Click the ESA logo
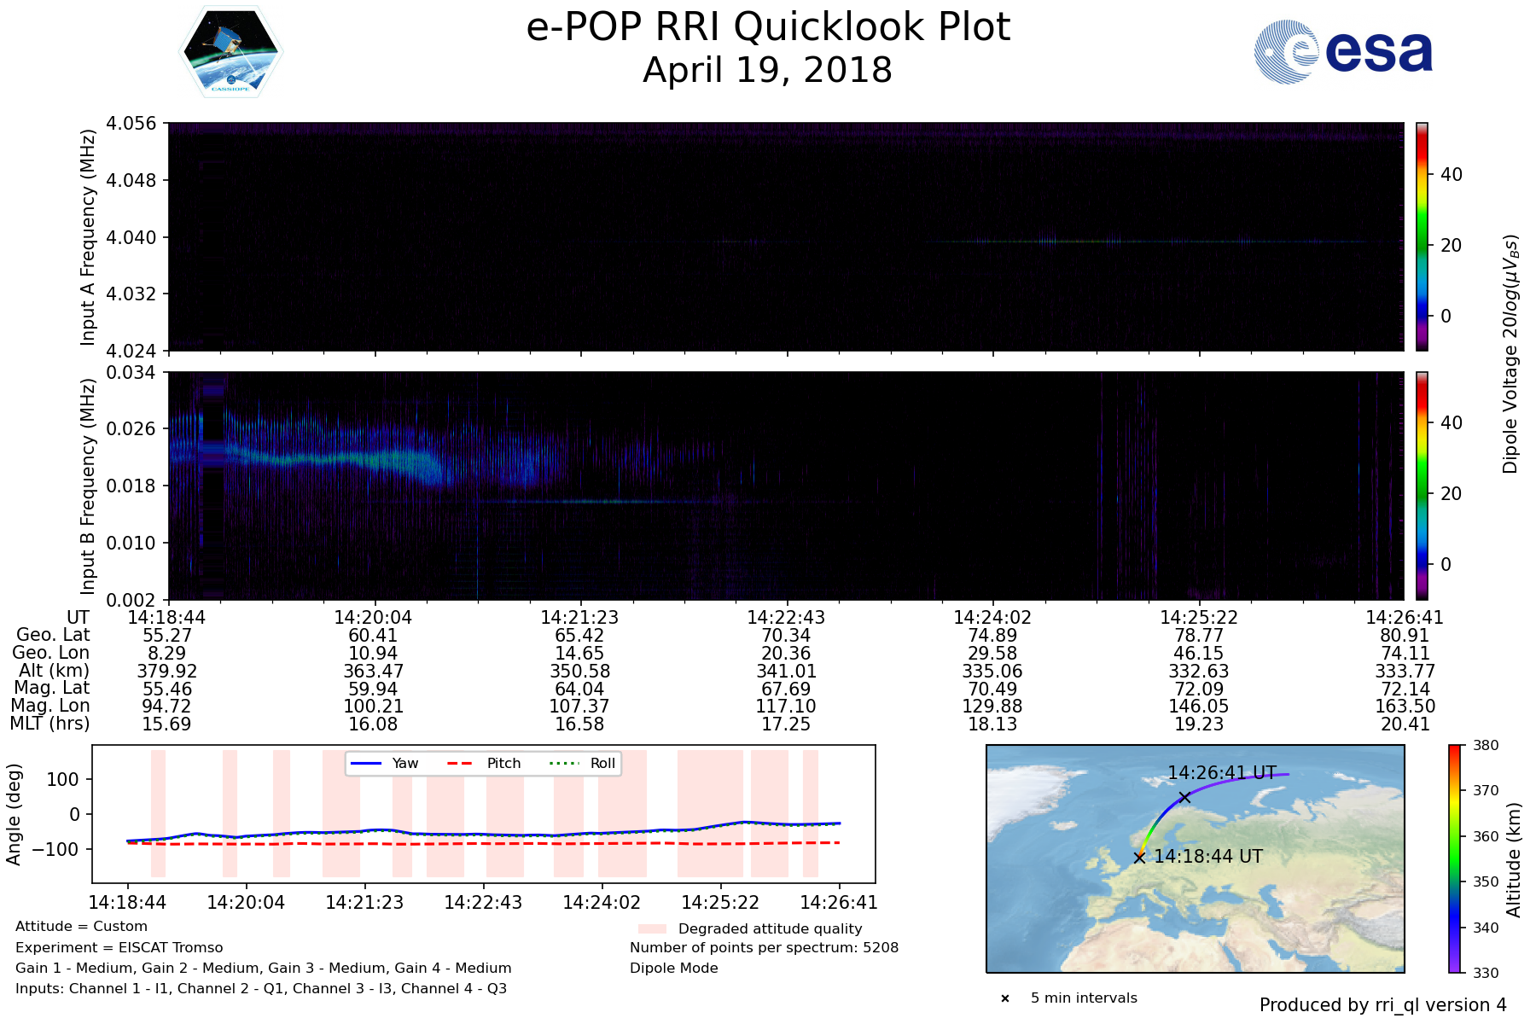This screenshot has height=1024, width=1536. click(1343, 52)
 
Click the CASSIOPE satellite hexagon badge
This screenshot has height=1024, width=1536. click(230, 51)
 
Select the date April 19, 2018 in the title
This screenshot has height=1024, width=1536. click(767, 71)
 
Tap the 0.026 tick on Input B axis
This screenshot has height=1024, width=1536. click(131, 428)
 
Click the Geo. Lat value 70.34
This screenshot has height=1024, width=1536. click(786, 636)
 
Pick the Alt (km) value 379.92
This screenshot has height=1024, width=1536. click(167, 672)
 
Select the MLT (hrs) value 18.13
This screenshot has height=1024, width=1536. click(992, 724)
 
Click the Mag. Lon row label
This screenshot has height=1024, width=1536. click(50, 706)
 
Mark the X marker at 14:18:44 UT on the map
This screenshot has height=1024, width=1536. click(1139, 858)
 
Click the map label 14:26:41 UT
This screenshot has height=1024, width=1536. click(1221, 773)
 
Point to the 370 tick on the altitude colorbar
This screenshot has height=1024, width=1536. click(1486, 791)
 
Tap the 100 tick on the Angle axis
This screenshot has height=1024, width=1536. click(63, 779)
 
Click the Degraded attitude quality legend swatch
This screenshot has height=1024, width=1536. click(652, 928)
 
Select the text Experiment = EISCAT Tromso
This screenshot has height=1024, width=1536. click(119, 948)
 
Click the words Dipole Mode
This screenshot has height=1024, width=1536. click(673, 969)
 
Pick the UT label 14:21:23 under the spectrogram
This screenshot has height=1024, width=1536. click(579, 618)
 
